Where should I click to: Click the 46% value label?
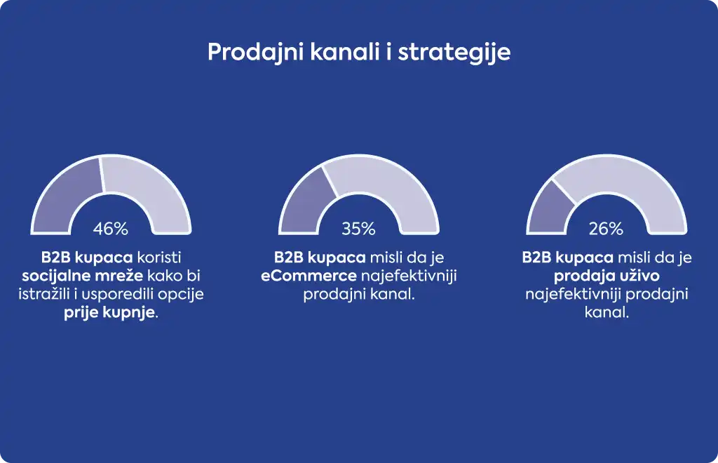click(110, 229)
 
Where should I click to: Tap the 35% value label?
click(358, 229)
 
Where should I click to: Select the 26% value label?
click(607, 229)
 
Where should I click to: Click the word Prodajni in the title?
click(256, 52)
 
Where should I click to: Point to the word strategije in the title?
click(454, 52)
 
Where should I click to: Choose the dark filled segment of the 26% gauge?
click(547, 210)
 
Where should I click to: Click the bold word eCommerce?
click(309, 276)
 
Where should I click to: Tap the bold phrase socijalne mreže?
click(83, 276)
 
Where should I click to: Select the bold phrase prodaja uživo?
click(607, 276)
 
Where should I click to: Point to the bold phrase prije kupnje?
click(109, 314)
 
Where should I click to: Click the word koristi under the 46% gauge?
click(159, 257)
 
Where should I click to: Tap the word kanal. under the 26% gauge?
click(607, 312)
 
